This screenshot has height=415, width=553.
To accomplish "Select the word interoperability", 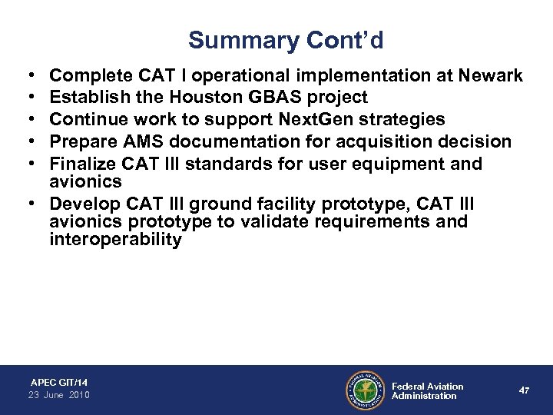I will coord(116,239).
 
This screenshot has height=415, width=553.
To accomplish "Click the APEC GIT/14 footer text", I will coord(58,382).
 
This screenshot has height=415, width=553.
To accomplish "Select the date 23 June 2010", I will coord(60,395).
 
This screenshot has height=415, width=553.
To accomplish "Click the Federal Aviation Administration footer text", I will coord(427,390).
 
